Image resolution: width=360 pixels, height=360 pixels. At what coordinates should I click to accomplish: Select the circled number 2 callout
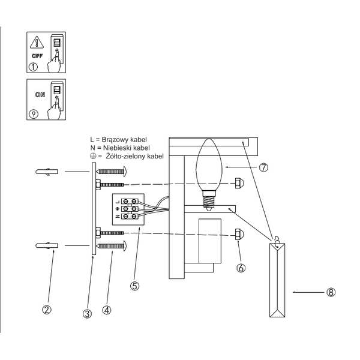pos(46,310)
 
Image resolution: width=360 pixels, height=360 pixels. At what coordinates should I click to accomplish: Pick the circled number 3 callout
pos(88,312)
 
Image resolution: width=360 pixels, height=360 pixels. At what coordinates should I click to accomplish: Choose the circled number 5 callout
pos(135,286)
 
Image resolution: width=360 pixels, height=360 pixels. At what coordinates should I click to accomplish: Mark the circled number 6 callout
pos(241,268)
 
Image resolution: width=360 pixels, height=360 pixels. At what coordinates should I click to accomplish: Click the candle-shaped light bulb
pos(209,168)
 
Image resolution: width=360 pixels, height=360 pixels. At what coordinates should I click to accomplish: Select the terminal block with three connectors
pos(128,209)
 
